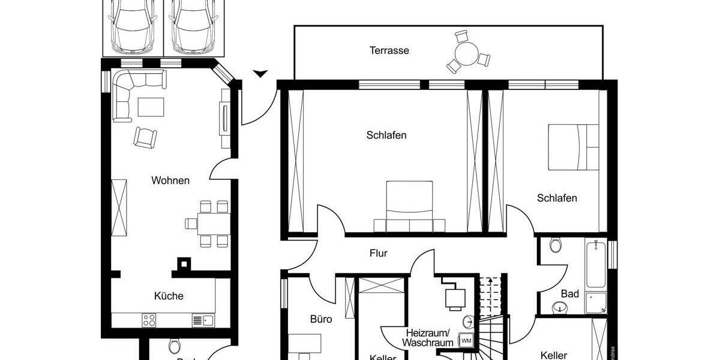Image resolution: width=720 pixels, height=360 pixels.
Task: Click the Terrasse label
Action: [x=389, y=50]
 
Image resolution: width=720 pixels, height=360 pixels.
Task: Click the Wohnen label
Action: [x=170, y=180]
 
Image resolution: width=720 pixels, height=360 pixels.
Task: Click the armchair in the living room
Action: [x=145, y=137]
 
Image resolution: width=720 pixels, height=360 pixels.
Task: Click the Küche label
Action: [x=169, y=296]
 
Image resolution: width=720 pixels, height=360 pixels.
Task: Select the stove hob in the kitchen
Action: [x=149, y=320]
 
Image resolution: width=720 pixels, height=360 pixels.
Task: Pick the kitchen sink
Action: [x=203, y=320]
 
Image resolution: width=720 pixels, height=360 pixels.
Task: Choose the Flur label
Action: [x=378, y=253]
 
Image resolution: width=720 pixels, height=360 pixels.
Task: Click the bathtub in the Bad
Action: [x=596, y=264]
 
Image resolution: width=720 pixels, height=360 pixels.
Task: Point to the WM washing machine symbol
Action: [x=466, y=340]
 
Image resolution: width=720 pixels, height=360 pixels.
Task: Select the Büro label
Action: [x=321, y=319]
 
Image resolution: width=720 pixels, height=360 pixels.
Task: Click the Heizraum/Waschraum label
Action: [x=429, y=337]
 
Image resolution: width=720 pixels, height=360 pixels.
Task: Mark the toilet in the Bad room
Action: [x=556, y=245]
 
